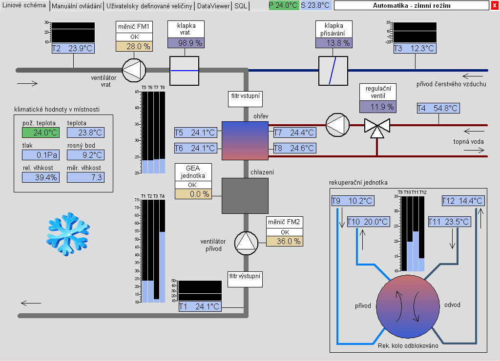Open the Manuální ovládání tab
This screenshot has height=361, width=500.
click(77, 6)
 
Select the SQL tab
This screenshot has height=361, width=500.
click(241, 6)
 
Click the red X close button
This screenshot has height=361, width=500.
click(495, 5)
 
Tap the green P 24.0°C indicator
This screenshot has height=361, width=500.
click(283, 5)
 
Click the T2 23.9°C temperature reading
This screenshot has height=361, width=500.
click(72, 48)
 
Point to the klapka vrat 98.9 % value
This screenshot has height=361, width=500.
click(185, 43)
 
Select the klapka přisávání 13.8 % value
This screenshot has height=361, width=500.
click(333, 43)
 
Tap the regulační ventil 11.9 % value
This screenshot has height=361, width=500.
click(378, 107)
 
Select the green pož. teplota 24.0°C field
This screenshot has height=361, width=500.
click(41, 132)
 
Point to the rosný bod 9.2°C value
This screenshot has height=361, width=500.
click(85, 154)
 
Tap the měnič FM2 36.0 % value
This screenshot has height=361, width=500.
click(284, 241)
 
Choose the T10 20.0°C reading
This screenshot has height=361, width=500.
click(368, 222)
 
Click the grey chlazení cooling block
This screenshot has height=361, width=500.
click(245, 196)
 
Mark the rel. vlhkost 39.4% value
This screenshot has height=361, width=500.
click(41, 177)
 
